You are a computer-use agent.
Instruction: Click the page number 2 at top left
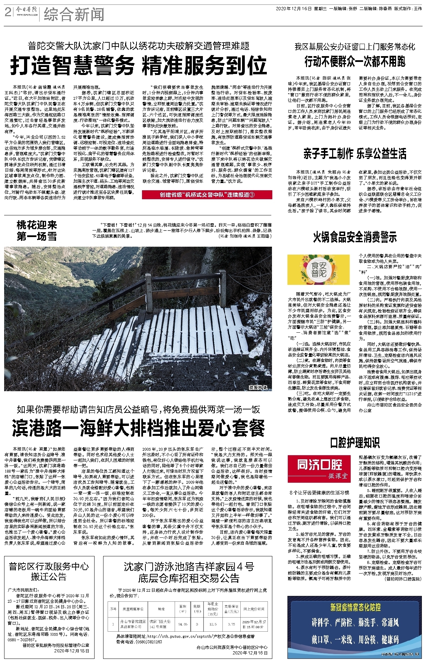click(8, 13)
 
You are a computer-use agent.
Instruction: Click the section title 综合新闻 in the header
click(74, 15)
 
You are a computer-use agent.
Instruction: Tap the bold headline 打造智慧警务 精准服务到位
click(138, 65)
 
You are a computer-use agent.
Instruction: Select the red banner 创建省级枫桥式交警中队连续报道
click(207, 195)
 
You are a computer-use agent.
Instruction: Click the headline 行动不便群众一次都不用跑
click(355, 62)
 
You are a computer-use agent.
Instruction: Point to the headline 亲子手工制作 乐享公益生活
click(355, 153)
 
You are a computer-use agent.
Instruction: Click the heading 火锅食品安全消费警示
click(355, 237)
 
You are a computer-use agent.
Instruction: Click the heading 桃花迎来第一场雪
click(37, 231)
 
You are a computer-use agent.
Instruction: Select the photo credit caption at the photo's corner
click(258, 387)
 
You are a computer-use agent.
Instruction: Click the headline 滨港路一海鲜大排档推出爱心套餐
click(138, 428)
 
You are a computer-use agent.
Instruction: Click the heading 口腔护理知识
click(355, 442)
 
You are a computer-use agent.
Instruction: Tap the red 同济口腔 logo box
click(320, 469)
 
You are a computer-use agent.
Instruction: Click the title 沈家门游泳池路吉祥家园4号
click(189, 567)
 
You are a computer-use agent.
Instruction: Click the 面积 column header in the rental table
click(183, 609)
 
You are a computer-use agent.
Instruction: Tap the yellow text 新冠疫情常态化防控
click(355, 607)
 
